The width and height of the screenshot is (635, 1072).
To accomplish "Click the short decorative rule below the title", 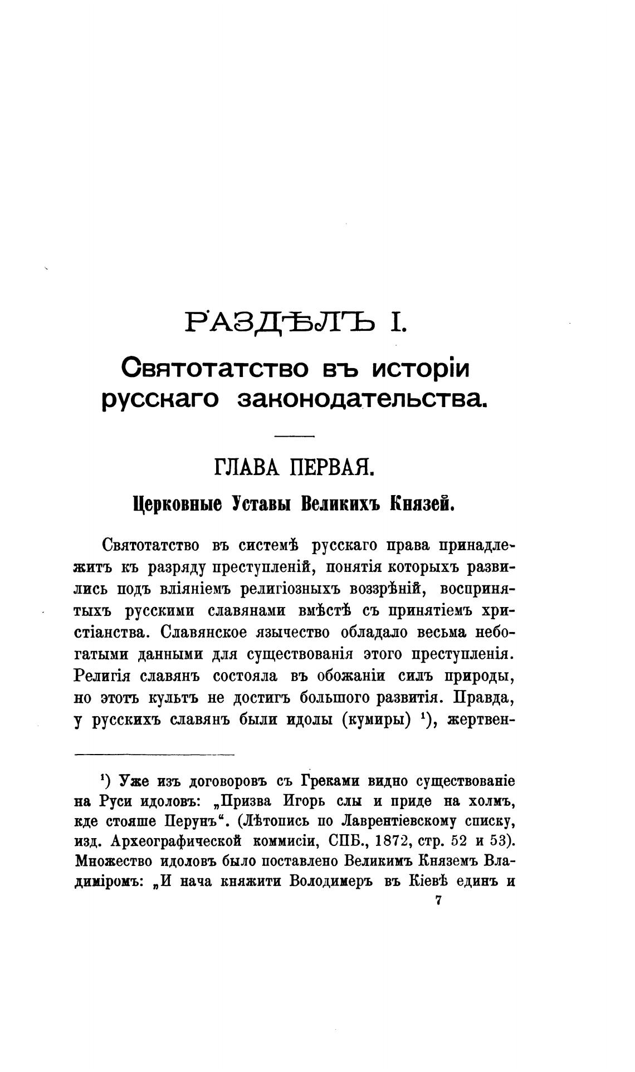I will tap(295, 435).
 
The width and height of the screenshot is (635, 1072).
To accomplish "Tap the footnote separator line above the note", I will tap(154, 755).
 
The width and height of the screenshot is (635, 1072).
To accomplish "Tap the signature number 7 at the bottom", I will tap(438, 901).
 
